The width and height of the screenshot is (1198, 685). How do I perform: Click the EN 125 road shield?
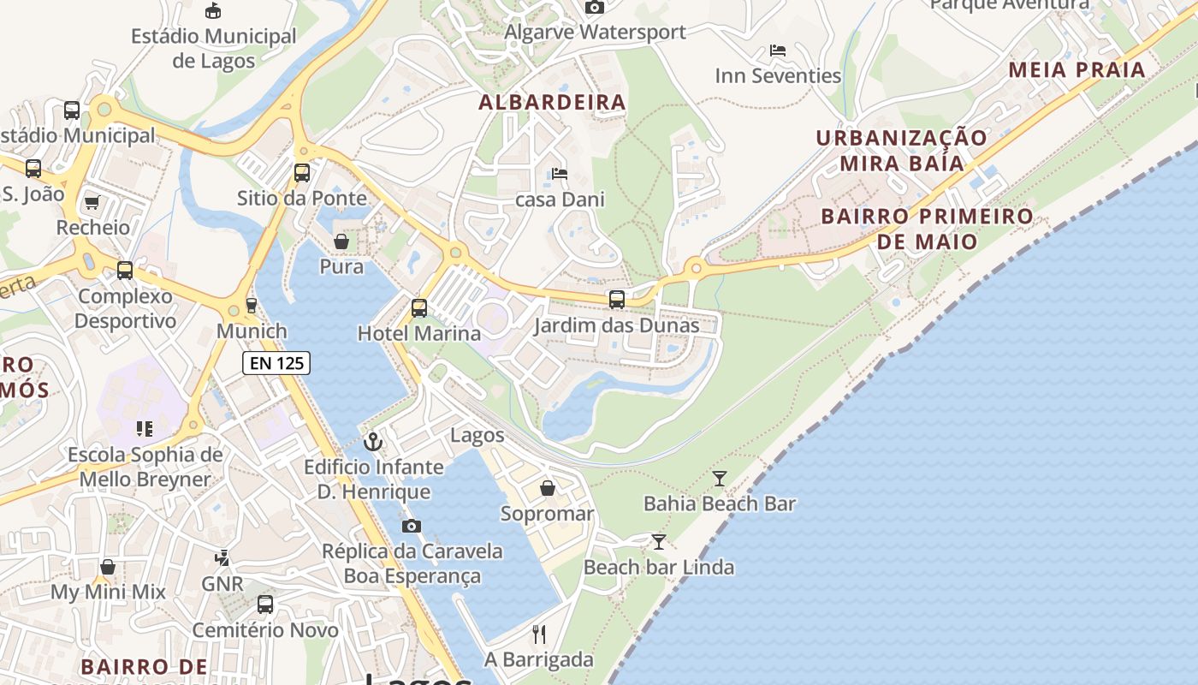[x=276, y=363]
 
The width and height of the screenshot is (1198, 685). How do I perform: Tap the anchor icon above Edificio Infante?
[x=373, y=442]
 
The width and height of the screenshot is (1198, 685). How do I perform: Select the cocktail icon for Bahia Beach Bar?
[x=720, y=479]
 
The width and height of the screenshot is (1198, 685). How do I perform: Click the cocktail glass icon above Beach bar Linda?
[x=658, y=542]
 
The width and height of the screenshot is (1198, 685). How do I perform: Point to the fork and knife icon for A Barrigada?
[x=539, y=634]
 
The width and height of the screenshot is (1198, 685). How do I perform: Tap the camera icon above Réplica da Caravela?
[x=412, y=526]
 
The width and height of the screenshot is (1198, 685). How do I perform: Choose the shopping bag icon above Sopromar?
[x=547, y=488]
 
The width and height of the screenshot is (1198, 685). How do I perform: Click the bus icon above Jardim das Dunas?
[x=616, y=300]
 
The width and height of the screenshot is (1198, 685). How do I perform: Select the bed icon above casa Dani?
[x=560, y=174]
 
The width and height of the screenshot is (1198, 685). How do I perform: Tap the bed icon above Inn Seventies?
[x=778, y=51]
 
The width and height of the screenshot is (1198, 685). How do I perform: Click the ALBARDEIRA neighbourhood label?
[x=552, y=103]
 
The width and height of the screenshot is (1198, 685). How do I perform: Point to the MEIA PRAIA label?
[x=1076, y=70]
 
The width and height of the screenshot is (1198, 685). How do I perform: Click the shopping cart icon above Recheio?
[x=92, y=203]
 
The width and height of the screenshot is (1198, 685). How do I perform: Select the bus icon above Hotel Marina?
[x=418, y=308]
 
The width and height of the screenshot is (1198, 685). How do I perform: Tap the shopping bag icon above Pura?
[x=341, y=241]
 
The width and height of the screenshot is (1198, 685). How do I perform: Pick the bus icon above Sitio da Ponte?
[x=301, y=173]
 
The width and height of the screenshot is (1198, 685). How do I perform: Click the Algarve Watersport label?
[x=595, y=33]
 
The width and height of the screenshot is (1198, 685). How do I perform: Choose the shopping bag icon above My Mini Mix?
[x=108, y=567]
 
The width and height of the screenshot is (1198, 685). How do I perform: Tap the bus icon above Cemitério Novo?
[x=265, y=605]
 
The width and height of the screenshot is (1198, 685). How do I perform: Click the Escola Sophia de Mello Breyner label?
[x=145, y=467]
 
